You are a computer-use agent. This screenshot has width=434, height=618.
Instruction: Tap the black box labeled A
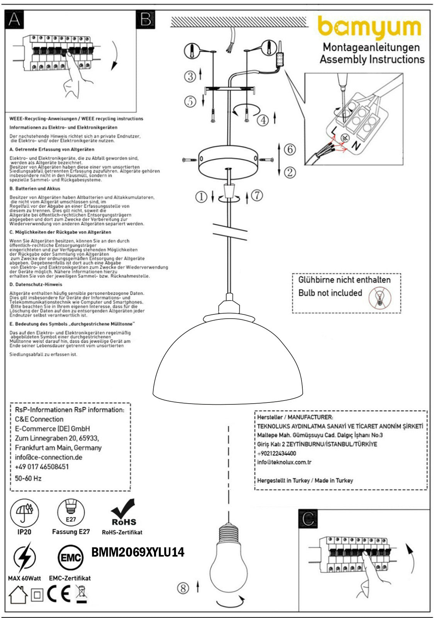pos(14,19)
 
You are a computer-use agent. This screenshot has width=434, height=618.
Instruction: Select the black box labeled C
pos(308,519)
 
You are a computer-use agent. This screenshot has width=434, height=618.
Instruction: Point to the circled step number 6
pos(290,149)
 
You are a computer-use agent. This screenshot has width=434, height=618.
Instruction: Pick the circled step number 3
pos(190,76)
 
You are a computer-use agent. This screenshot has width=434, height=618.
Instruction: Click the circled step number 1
pos(201,197)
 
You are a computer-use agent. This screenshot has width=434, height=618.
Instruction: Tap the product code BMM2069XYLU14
pos(138,552)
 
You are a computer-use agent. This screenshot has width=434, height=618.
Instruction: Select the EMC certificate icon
pos(70,557)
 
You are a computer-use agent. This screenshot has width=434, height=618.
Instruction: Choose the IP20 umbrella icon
pos(24,513)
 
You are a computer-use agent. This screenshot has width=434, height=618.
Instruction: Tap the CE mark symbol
pos(59,595)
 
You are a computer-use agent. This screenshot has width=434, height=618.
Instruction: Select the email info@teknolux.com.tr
pos(284,462)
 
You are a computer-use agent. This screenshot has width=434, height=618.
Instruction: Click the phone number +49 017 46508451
pos(42,467)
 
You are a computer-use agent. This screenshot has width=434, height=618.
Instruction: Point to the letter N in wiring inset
pos(356,146)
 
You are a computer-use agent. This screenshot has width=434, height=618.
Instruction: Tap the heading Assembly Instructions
pos(372,59)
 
